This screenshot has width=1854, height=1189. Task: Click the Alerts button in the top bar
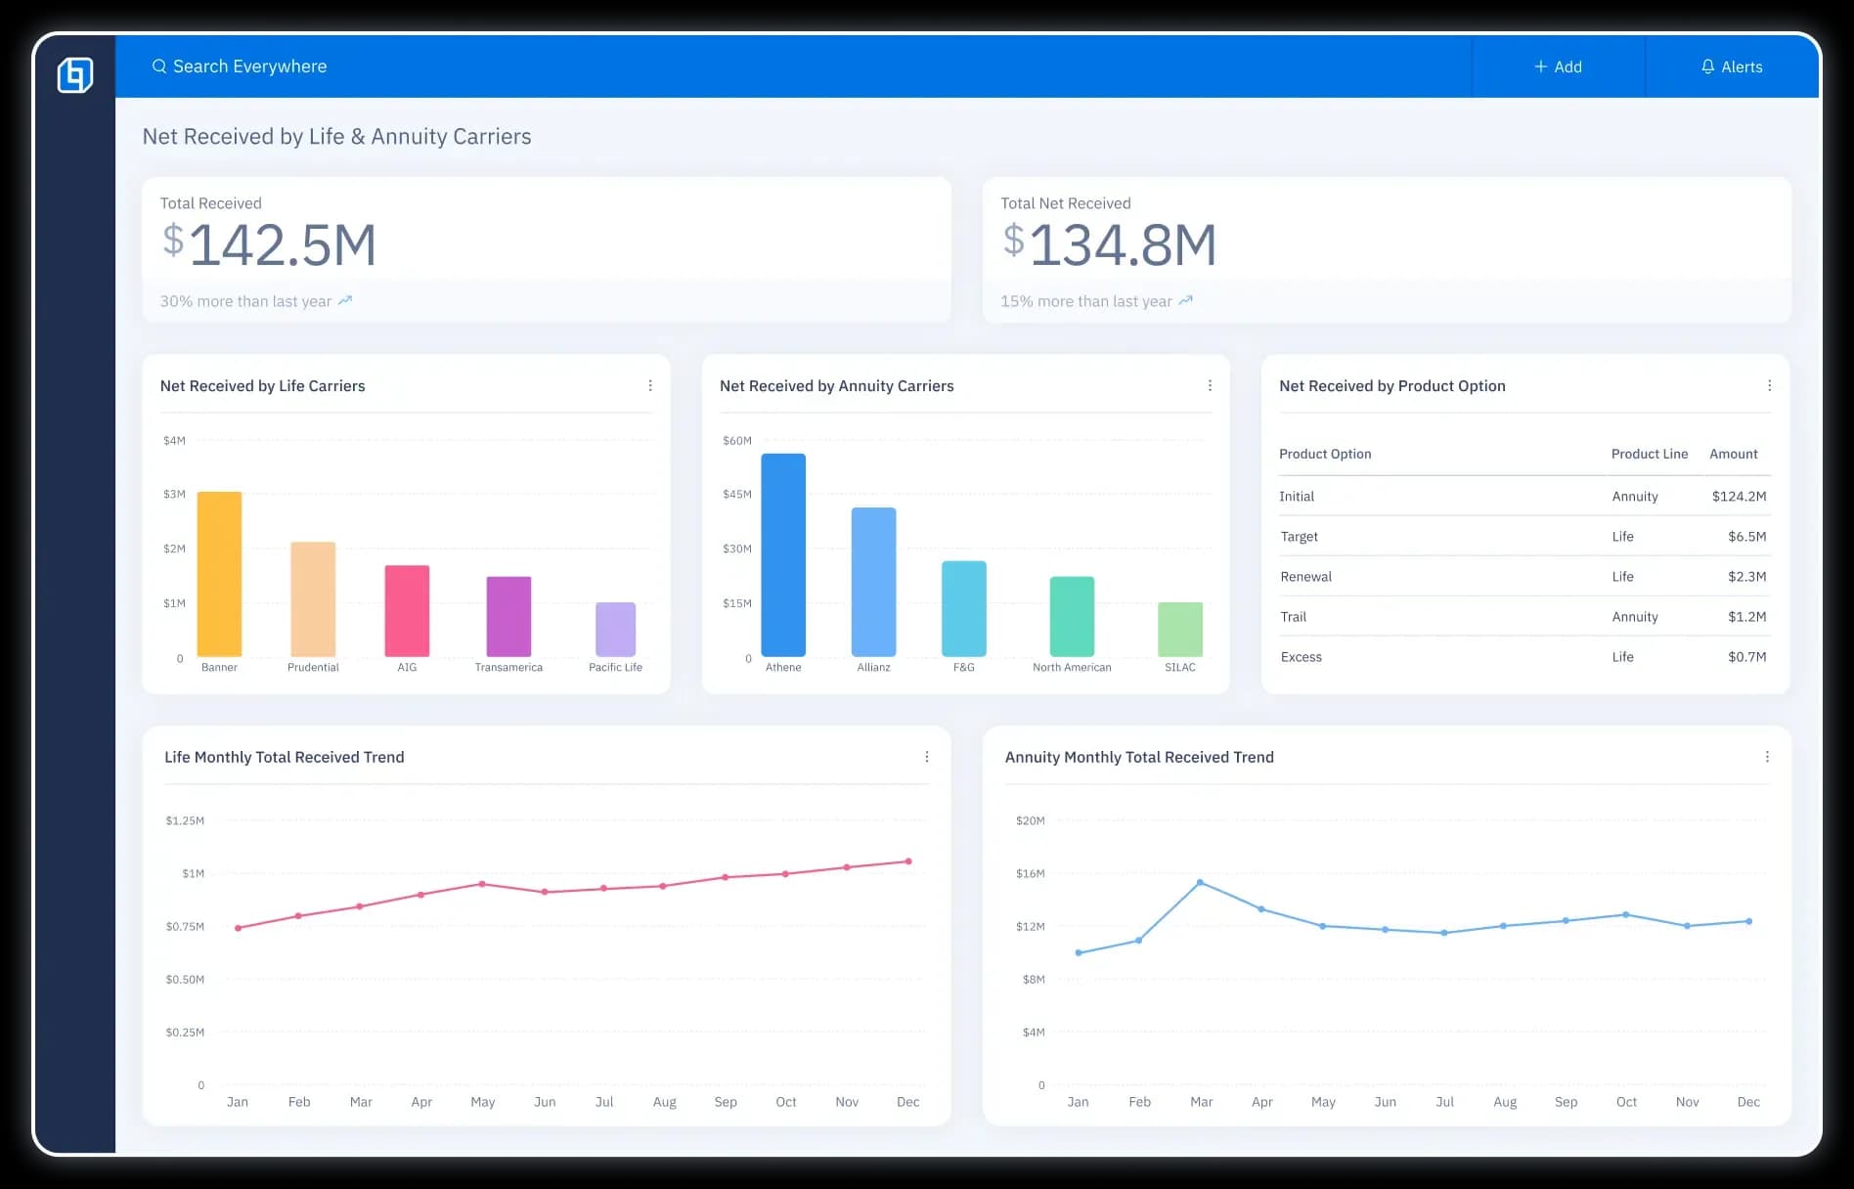click(x=1732, y=66)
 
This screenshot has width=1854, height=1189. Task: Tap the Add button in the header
click(x=1558, y=66)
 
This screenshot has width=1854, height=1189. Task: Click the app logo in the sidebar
click(x=75, y=75)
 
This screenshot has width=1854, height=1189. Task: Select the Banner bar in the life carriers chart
click(x=219, y=574)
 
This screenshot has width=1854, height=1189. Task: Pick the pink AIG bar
click(x=407, y=611)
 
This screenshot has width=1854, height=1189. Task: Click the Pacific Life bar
click(x=615, y=629)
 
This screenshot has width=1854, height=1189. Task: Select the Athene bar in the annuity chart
click(x=783, y=554)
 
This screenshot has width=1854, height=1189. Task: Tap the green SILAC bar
click(x=1180, y=629)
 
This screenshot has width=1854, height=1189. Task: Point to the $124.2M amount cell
click(x=1739, y=497)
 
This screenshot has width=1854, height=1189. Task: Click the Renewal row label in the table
click(x=1306, y=577)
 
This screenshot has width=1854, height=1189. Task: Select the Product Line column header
click(x=1649, y=454)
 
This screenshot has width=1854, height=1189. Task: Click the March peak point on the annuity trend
click(x=1200, y=883)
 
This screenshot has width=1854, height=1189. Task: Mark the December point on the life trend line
click(x=908, y=861)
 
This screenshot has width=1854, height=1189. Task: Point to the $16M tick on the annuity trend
click(x=1030, y=873)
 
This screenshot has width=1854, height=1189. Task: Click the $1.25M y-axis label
click(x=185, y=820)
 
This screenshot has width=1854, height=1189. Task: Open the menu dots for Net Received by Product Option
click(x=1769, y=386)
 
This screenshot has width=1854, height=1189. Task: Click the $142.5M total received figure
click(x=270, y=244)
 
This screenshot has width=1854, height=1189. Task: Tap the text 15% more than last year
click(x=1085, y=301)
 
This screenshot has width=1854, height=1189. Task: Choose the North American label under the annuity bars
click(x=1072, y=668)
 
